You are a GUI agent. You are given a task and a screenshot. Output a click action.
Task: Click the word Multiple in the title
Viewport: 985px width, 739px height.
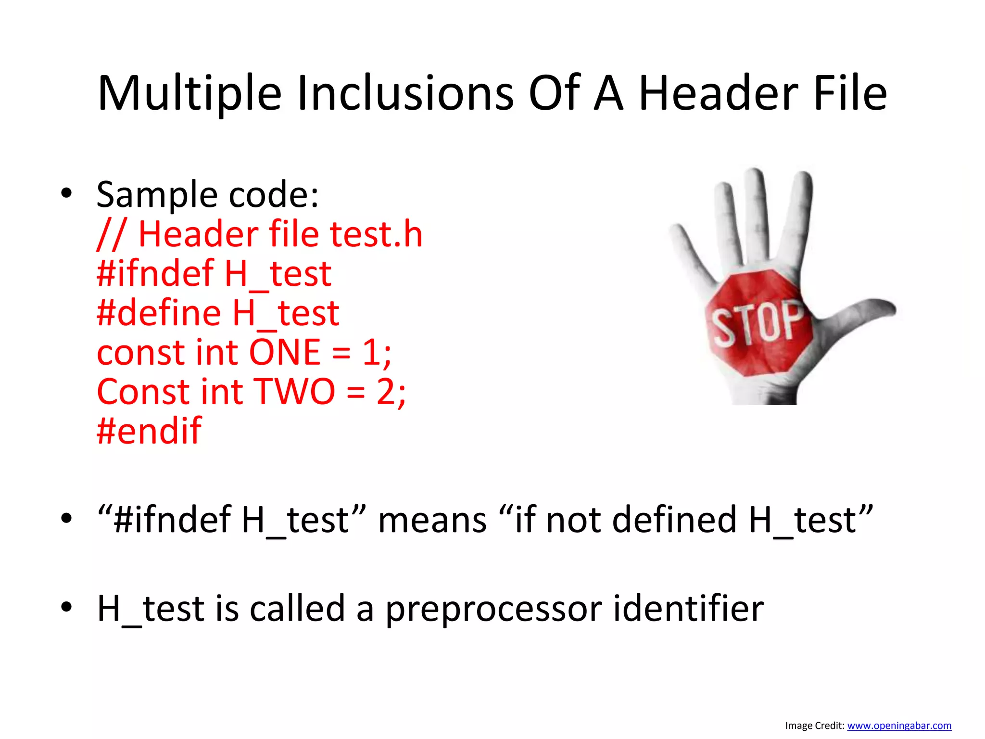(189, 94)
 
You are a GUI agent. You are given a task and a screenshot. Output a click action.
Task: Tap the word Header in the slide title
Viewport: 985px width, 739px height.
(718, 94)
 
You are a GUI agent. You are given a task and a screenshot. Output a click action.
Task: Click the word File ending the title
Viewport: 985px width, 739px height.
(850, 94)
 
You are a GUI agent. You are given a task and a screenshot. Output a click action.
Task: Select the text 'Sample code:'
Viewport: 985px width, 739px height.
(207, 195)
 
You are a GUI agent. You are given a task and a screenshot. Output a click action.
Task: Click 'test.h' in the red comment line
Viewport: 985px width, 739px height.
(376, 234)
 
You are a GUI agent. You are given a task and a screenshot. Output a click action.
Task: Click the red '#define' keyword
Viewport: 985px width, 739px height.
(159, 313)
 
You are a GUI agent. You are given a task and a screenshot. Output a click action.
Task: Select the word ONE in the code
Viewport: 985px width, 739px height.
(285, 352)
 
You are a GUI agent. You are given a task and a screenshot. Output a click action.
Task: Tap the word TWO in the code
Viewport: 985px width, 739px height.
(294, 392)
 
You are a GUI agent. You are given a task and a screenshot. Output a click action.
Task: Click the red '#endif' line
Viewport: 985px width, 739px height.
(149, 431)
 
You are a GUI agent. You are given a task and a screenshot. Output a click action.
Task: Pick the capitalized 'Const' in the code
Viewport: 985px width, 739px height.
(143, 392)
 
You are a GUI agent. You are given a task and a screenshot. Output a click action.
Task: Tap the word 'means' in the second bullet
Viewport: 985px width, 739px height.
(432, 520)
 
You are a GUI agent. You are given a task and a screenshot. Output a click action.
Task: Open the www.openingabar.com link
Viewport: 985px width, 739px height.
(899, 726)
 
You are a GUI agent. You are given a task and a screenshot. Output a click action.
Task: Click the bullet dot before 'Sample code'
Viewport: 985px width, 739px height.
(66, 194)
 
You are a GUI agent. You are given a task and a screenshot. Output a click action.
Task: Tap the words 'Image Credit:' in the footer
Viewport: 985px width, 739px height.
(815, 726)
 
